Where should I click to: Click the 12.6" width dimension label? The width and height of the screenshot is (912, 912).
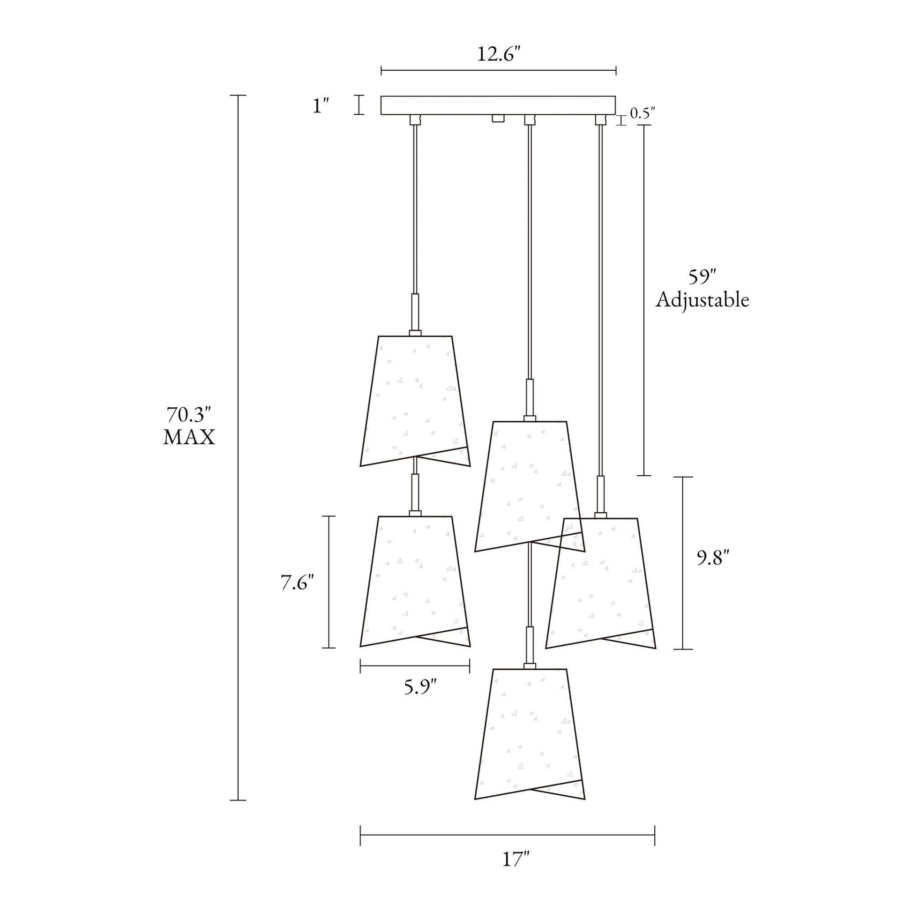tap(499, 54)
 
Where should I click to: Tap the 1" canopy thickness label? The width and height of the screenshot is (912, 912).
tap(321, 105)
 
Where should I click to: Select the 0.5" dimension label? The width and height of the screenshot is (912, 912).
tap(643, 113)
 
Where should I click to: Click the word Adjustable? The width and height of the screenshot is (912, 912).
tap(702, 301)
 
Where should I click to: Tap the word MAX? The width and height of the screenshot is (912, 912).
tap(189, 438)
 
